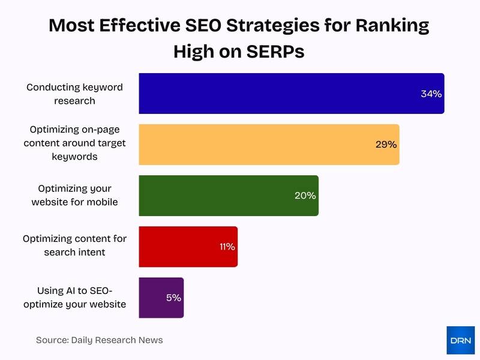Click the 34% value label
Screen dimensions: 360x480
coord(431,94)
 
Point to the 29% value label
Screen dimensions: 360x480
coord(386,145)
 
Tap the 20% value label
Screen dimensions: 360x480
coord(305,196)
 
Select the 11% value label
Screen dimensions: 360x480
coord(226,247)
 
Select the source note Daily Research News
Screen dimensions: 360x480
coord(99,340)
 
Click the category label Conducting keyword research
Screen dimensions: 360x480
coord(74,94)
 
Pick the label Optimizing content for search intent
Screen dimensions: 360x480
coord(74,245)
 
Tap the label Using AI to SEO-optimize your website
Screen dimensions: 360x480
coord(74,298)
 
